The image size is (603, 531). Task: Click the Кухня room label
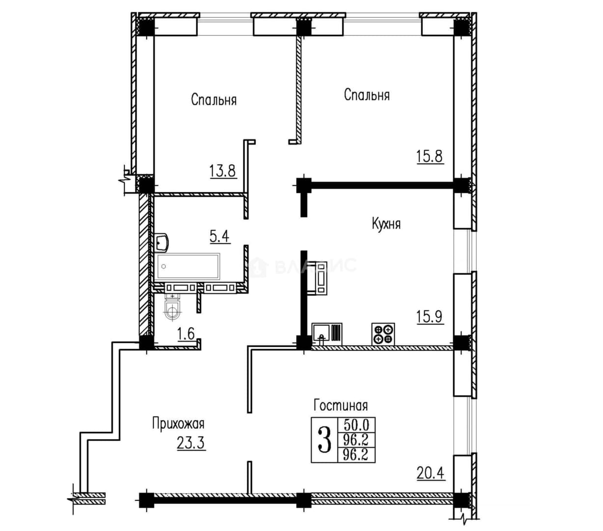(x=386, y=224)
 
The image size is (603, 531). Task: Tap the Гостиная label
(x=340, y=406)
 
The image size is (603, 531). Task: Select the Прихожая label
(x=178, y=424)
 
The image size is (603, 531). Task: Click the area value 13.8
(x=222, y=171)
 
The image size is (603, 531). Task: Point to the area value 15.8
(x=430, y=156)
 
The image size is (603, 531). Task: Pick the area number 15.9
(x=430, y=317)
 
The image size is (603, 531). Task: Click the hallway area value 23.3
(x=191, y=443)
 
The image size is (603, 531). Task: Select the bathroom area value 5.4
(x=219, y=236)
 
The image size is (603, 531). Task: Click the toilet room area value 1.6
(x=186, y=333)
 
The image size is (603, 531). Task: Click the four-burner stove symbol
(x=383, y=334)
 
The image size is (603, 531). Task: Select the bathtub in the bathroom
(x=187, y=266)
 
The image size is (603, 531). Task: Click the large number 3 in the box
(x=325, y=439)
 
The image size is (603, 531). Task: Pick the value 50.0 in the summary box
(x=356, y=424)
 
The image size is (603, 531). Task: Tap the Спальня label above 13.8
(x=214, y=99)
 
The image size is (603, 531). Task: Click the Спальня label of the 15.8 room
(x=367, y=95)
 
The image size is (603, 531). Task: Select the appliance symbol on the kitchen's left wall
(x=320, y=278)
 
